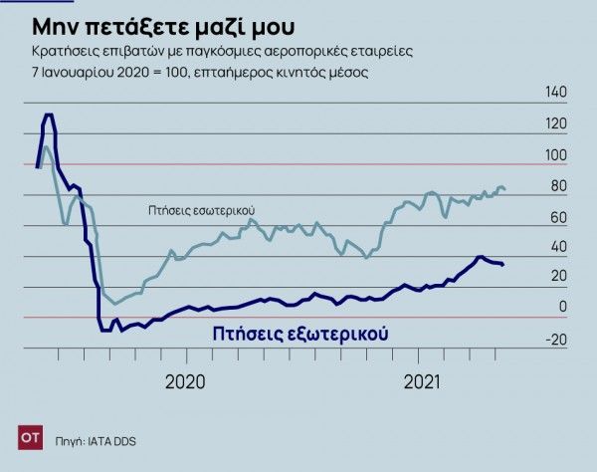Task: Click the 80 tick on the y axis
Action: point(558,185)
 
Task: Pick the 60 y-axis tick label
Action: point(558,216)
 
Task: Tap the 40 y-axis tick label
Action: point(558,246)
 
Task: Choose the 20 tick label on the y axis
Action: point(558,277)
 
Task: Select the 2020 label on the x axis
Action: point(185,380)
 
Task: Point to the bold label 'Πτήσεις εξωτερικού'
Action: point(298,334)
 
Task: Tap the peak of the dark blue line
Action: point(48,116)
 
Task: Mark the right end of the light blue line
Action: point(504,189)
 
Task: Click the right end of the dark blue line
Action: point(503,265)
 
